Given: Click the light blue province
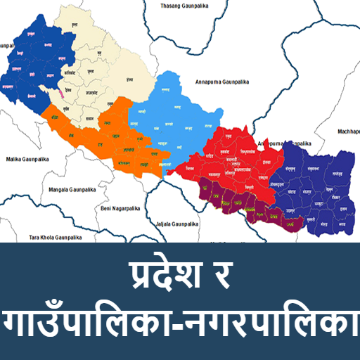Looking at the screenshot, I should (186, 112).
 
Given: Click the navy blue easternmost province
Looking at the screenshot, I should (316, 186).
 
